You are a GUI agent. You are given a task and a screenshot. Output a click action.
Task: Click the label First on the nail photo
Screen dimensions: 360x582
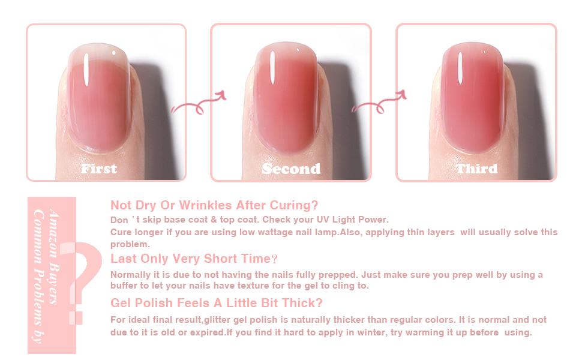(x=99, y=169)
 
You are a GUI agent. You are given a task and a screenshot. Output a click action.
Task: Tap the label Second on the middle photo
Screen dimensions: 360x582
(x=291, y=169)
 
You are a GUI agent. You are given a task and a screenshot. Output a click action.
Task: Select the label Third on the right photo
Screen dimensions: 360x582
(x=476, y=169)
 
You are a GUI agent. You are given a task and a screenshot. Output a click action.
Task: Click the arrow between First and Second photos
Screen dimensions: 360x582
(x=198, y=104)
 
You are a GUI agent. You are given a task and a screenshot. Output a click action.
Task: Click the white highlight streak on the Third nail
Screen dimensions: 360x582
(x=460, y=70)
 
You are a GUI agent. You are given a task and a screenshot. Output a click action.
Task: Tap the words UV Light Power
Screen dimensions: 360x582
(x=353, y=220)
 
